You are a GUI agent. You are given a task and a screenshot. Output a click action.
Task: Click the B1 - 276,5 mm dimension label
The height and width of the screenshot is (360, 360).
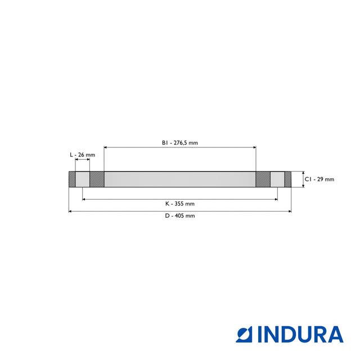click(180, 143)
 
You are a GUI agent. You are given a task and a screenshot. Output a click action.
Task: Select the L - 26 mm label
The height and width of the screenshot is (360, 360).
click(82, 155)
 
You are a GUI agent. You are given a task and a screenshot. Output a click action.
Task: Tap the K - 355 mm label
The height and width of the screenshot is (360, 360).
click(180, 203)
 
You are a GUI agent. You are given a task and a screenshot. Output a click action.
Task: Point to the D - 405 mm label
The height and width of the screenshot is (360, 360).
click(180, 215)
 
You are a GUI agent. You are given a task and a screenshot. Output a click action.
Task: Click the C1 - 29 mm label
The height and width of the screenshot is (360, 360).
click(319, 179)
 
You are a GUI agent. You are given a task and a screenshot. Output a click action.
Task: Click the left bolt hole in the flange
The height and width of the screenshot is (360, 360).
click(82, 179)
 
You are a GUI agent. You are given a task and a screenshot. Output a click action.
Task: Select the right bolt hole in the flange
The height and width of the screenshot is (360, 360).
click(277, 179)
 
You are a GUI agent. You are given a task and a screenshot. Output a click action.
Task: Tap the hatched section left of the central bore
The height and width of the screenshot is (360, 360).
click(97, 179)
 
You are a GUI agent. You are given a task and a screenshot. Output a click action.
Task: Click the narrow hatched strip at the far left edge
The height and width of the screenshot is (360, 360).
click(71, 179)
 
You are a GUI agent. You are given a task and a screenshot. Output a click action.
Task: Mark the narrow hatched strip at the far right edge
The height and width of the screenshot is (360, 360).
click(288, 179)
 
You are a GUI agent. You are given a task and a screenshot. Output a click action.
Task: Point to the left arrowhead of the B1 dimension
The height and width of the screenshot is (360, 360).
click(106, 147)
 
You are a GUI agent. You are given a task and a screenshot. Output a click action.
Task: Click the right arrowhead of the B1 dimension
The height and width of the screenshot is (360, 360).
click(254, 147)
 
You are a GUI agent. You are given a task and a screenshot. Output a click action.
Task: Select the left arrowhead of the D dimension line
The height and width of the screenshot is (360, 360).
click(70, 211)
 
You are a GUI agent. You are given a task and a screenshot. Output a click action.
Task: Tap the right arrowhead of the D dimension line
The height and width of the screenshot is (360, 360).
click(290, 211)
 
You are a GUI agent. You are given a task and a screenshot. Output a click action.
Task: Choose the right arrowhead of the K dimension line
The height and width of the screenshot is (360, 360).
click(276, 199)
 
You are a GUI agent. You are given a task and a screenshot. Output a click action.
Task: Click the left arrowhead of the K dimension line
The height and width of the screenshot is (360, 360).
click(84, 199)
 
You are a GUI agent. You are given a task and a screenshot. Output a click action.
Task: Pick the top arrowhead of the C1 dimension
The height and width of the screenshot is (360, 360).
click(303, 173)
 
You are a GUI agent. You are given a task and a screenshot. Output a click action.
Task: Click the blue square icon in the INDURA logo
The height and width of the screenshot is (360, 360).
click(246, 334)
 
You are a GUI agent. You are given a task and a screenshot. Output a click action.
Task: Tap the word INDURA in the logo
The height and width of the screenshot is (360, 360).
click(300, 334)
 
